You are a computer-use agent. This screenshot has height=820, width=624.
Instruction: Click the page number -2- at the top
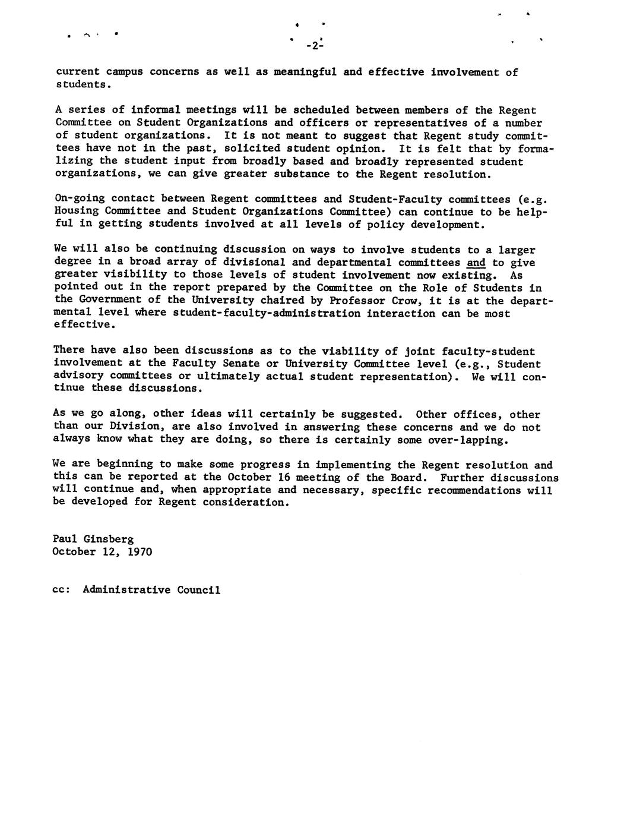click(313, 46)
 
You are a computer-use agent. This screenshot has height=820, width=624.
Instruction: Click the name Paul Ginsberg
click(93, 539)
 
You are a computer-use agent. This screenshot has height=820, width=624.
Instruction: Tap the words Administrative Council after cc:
click(151, 590)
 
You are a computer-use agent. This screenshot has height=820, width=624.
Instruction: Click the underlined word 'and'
click(476, 263)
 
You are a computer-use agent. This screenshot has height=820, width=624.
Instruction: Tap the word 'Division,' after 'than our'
click(137, 427)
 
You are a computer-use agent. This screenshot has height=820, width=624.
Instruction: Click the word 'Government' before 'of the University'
click(111, 300)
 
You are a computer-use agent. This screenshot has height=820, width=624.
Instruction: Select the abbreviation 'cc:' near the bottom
click(61, 590)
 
